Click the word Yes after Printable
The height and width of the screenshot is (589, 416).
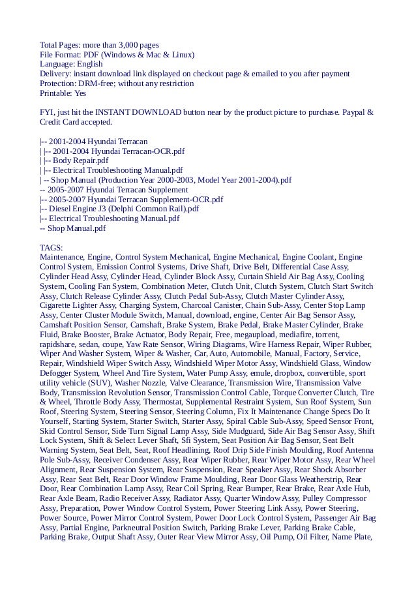[x=80, y=94]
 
